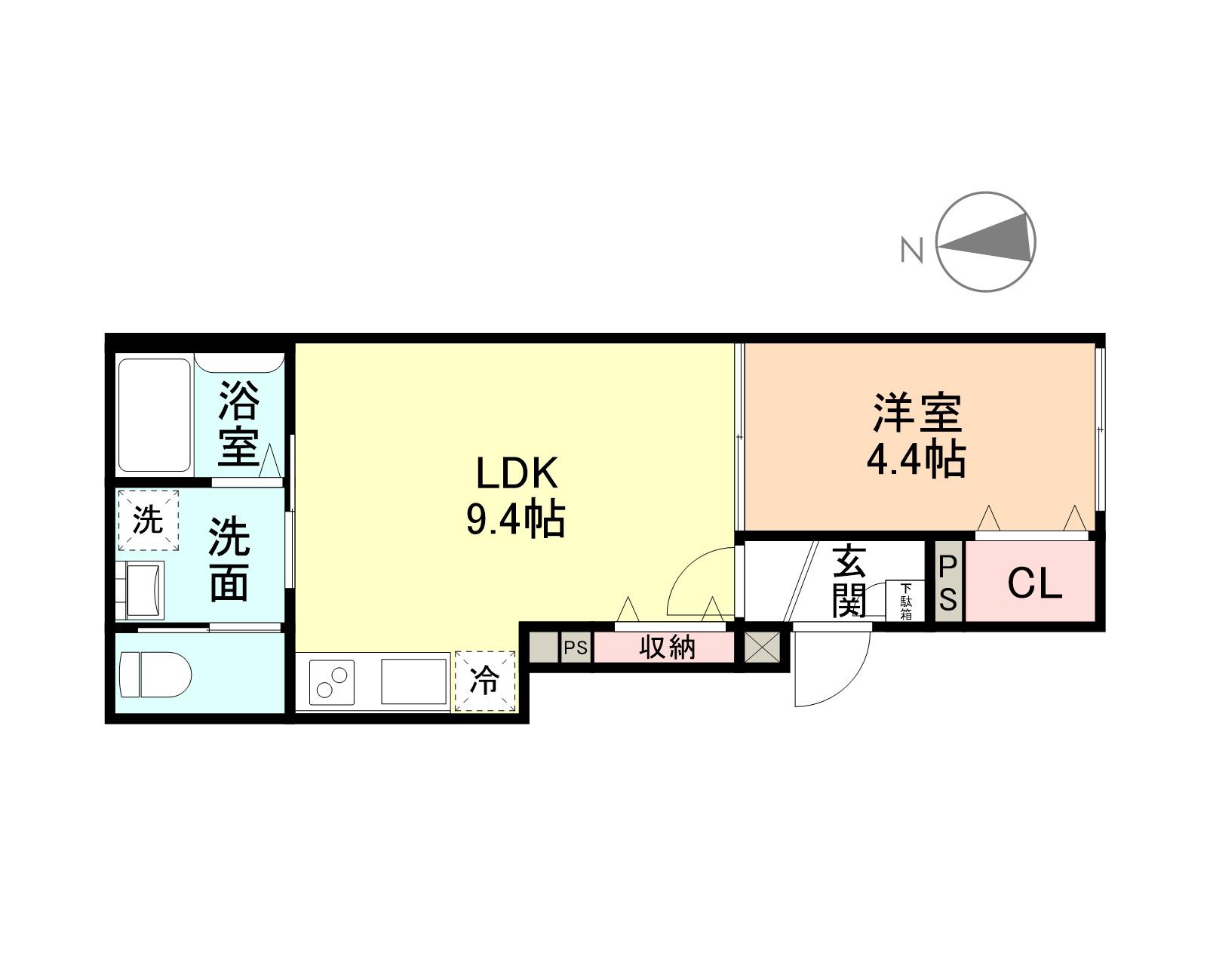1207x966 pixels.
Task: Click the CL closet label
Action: pos(1034,583)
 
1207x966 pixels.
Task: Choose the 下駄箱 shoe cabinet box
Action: pos(905,601)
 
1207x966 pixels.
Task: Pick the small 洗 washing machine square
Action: pos(148,520)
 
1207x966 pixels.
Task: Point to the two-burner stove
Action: pos(333,682)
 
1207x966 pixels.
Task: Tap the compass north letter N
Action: pos(912,250)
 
